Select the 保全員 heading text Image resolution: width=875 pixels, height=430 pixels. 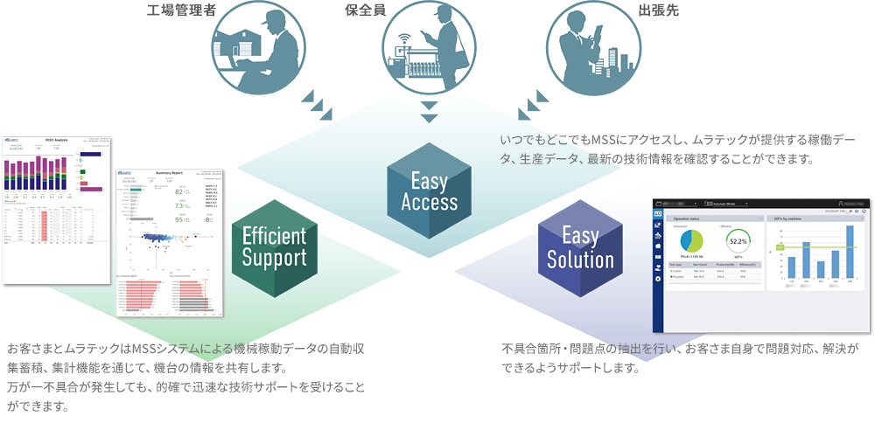(x=367, y=11)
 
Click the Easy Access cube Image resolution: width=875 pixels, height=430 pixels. (x=429, y=191)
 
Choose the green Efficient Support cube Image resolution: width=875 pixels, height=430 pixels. (x=274, y=246)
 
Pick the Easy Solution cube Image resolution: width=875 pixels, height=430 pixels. (x=580, y=248)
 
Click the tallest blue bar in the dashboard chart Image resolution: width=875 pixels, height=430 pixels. (x=848, y=253)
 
